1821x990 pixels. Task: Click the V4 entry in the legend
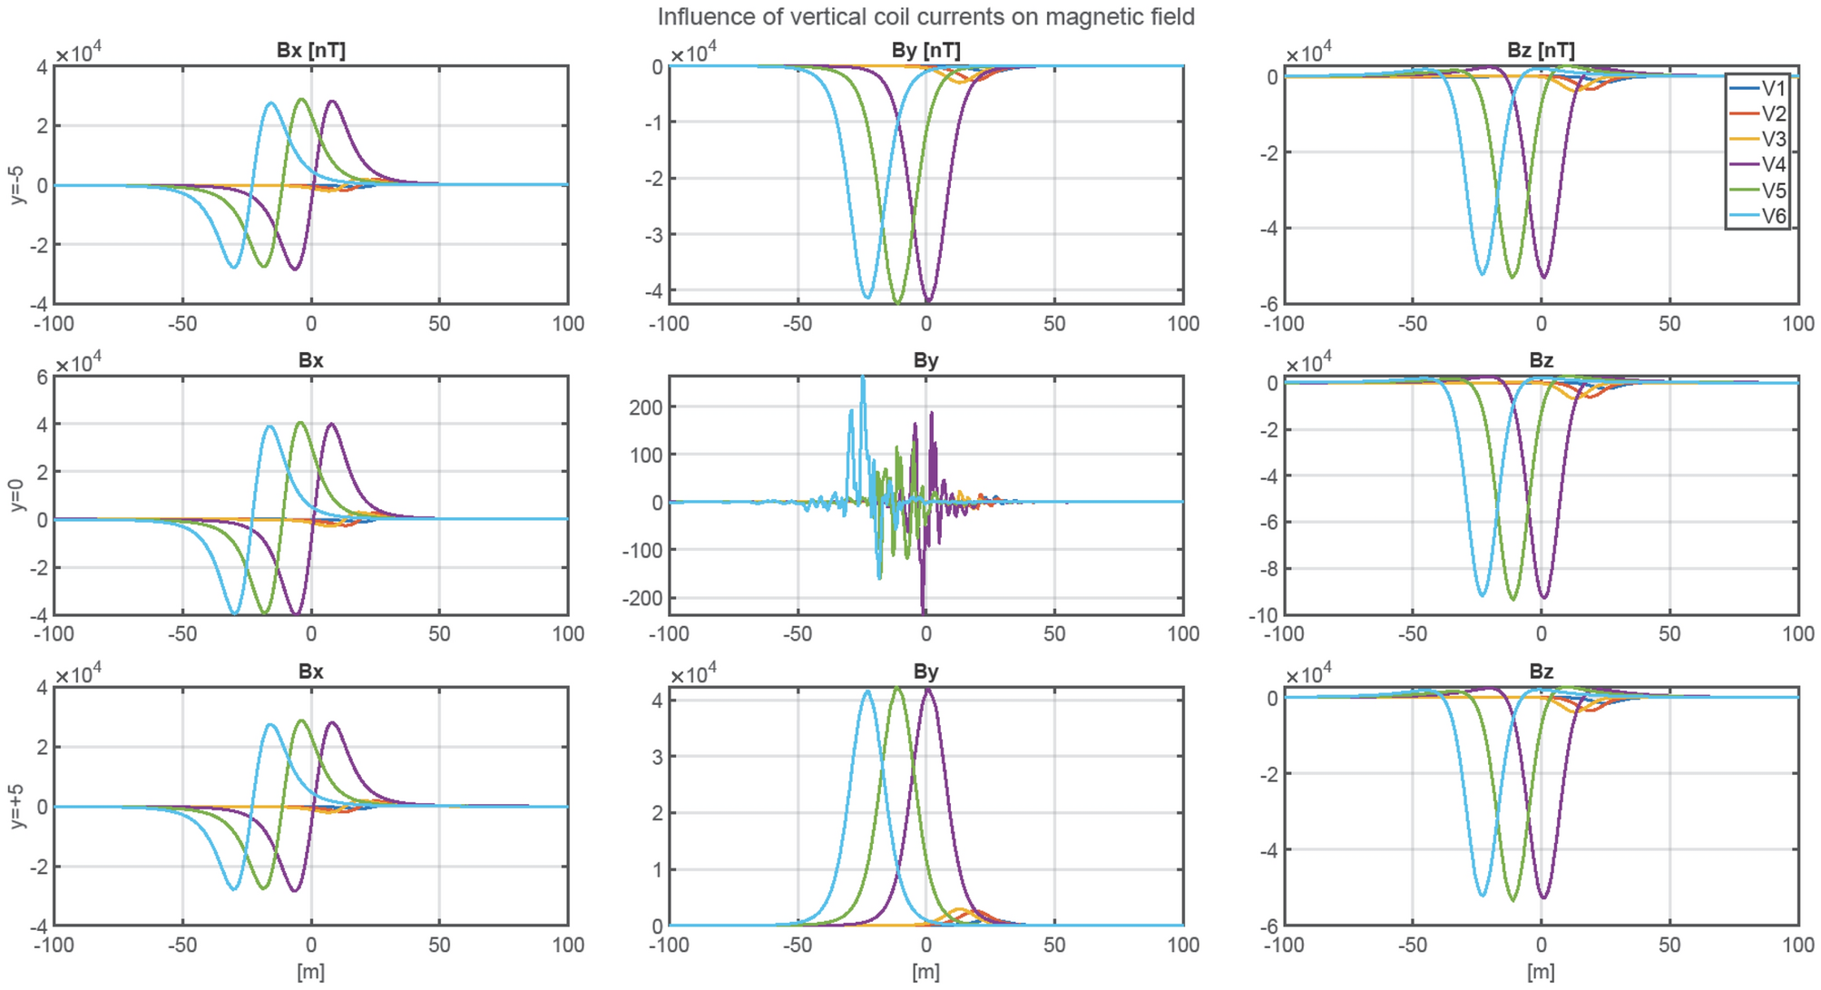[x=1772, y=164]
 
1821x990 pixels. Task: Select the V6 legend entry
[x=1772, y=216]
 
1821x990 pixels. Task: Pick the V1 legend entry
[x=1772, y=88]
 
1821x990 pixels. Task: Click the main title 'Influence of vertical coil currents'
[x=925, y=16]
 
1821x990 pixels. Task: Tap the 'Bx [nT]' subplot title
[x=310, y=51]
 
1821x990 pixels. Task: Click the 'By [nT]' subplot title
[x=925, y=51]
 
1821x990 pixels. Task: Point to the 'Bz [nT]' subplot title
[x=1541, y=51]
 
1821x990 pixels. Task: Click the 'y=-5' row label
[x=16, y=185]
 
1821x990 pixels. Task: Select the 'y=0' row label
[x=16, y=495]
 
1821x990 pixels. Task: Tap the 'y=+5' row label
[x=16, y=806]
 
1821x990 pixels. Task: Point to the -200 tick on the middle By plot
[x=641, y=598]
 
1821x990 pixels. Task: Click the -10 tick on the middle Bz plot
[x=1262, y=616]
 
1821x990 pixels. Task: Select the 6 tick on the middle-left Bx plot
[x=42, y=377]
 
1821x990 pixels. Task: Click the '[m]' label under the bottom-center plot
[x=925, y=972]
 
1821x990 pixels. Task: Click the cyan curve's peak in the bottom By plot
[x=867, y=691]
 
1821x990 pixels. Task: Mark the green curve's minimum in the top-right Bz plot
[x=1513, y=277]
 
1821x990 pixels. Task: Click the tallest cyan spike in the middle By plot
[x=863, y=378]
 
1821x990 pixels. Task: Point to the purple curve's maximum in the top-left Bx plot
[x=332, y=101]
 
